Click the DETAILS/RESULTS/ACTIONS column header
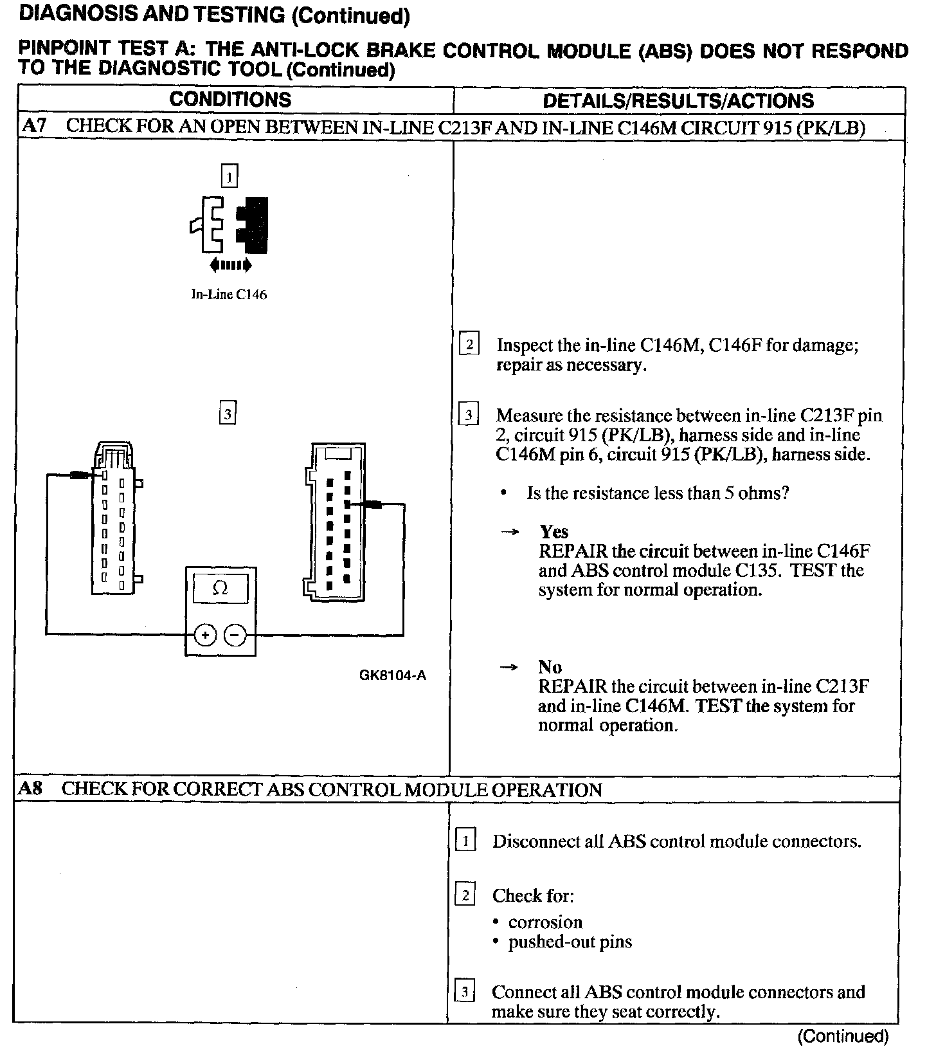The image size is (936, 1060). coord(678,100)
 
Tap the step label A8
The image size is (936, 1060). coord(30,789)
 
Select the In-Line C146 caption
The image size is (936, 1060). coord(229,295)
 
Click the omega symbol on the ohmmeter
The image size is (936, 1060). coord(220,589)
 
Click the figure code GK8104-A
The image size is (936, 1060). coord(393,675)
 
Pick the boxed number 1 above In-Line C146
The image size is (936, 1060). coord(229,176)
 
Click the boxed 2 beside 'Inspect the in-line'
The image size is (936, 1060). coord(469,345)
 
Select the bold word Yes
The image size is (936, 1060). coord(553,531)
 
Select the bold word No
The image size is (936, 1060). coord(550,666)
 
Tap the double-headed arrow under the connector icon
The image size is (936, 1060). coord(230,265)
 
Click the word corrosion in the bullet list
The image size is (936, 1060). coord(545,922)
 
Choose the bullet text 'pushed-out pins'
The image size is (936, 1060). coord(570,942)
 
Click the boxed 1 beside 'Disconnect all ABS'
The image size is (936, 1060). coord(465,841)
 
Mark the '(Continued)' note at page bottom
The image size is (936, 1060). coord(843,1036)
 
